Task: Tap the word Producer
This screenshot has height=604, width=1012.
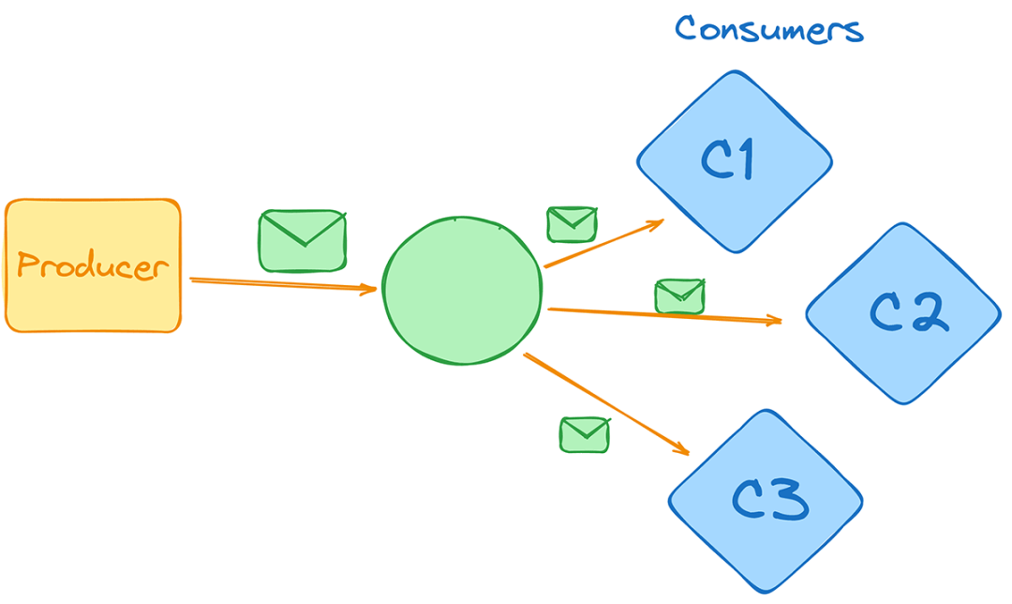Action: coord(93,266)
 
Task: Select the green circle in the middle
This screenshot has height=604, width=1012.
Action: coord(462,291)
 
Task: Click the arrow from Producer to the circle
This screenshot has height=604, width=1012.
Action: coord(281,284)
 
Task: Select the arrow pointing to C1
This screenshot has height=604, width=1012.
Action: coord(604,244)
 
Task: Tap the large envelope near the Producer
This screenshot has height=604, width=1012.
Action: coord(302,241)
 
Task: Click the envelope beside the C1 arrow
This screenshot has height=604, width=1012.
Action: coord(572,224)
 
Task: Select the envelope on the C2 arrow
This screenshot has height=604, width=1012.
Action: coord(679,295)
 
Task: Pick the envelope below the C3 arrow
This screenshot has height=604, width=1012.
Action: coord(585,434)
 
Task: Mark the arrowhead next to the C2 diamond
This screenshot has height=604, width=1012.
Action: coord(774,322)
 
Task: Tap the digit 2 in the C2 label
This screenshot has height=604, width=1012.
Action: coord(930,312)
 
